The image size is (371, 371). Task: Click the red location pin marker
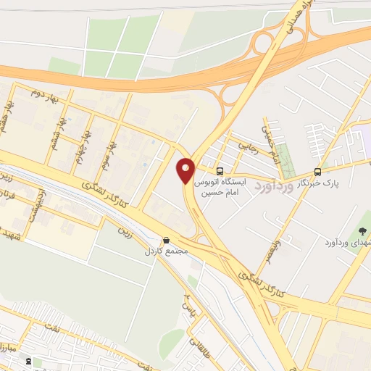click(186, 170)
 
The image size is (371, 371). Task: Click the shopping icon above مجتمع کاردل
click(167, 241)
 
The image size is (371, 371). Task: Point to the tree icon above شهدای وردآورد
click(363, 232)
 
